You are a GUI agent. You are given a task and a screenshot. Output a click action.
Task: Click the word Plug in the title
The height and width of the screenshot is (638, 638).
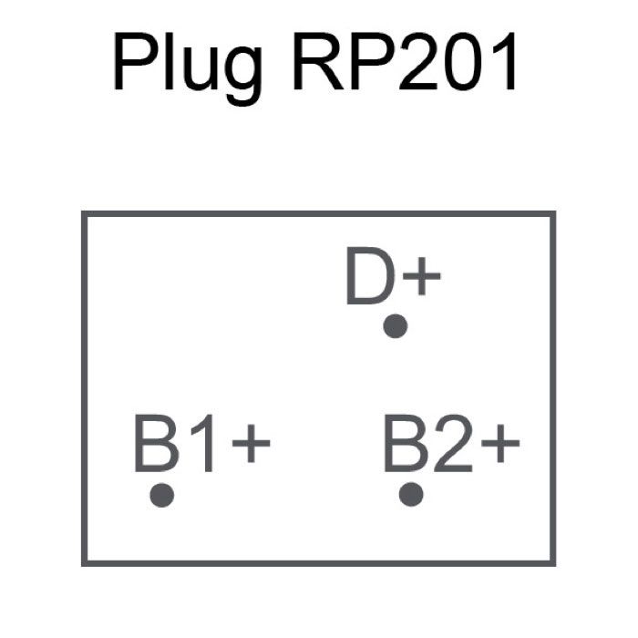[x=186, y=66]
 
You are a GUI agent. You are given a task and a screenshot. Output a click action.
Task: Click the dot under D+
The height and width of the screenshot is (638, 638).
[x=395, y=326]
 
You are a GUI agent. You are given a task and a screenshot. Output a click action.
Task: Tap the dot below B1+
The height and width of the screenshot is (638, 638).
[x=162, y=495]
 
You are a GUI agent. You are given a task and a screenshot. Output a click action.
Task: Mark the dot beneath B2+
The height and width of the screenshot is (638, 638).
[x=411, y=495]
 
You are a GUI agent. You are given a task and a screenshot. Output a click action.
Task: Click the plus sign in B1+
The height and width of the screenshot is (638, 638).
[x=251, y=446]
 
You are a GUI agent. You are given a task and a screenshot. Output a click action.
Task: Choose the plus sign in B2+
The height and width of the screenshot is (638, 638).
[x=499, y=446]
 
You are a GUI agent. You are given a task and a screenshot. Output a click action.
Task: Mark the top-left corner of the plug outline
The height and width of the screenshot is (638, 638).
[x=84, y=213]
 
